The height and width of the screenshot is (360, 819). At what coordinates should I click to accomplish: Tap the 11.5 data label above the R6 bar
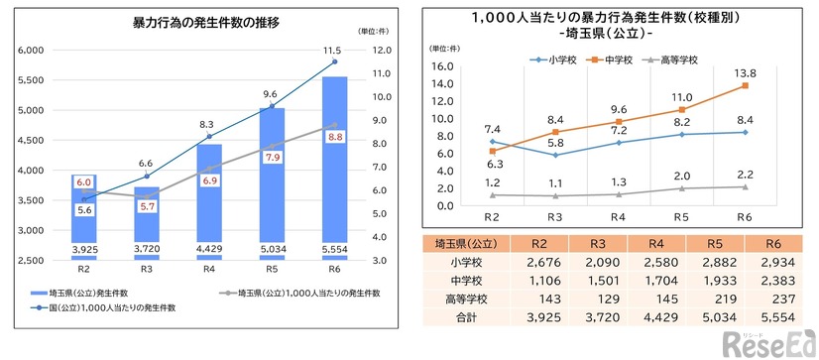334,50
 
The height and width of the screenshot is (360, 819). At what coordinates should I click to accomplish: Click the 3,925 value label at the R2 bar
83,249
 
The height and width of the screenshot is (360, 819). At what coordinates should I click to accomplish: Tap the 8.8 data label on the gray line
334,136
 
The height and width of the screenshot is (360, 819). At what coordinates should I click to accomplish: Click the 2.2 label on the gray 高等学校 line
744,174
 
